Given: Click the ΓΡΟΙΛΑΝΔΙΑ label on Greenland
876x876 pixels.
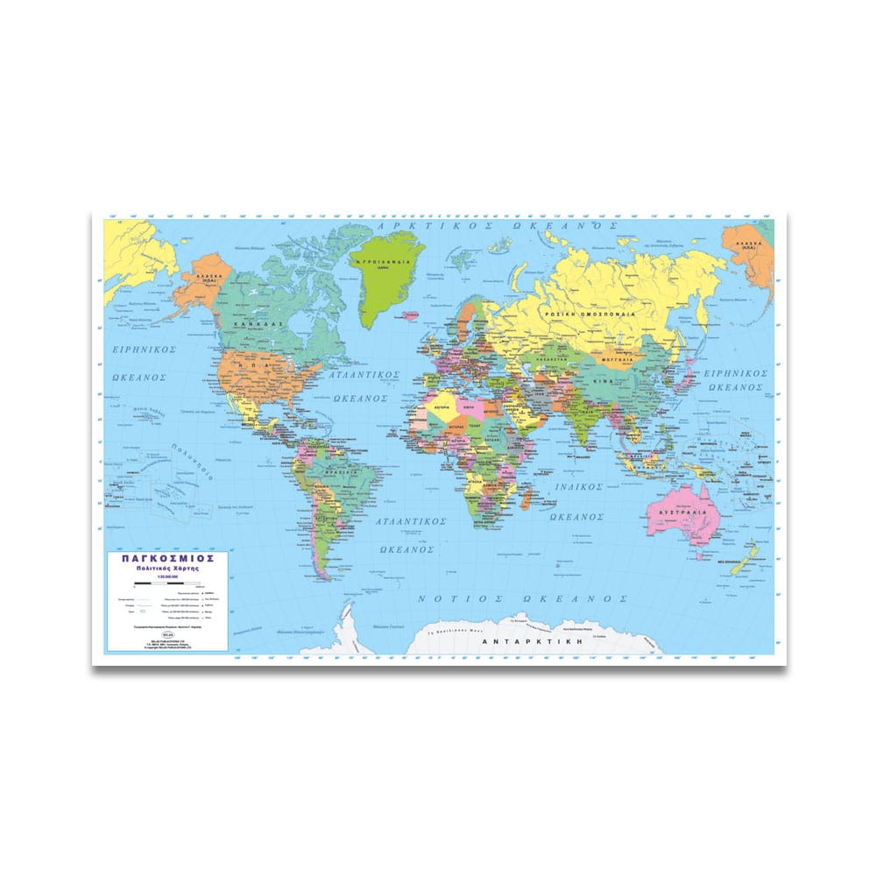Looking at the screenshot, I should click(380, 260).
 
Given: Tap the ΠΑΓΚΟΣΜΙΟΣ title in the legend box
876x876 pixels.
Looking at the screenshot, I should click(166, 557).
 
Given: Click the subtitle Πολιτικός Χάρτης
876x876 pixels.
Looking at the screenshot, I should click(166, 569).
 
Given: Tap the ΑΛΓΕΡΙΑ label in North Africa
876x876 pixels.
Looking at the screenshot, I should click(441, 408).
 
